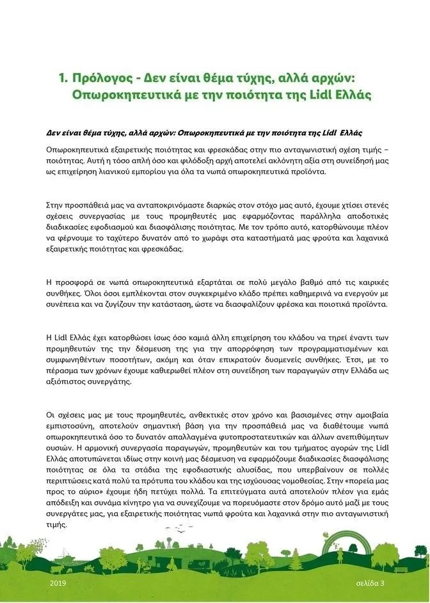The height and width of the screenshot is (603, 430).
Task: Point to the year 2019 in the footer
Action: tap(57, 583)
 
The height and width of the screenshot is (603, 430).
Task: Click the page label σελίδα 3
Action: tap(370, 583)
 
